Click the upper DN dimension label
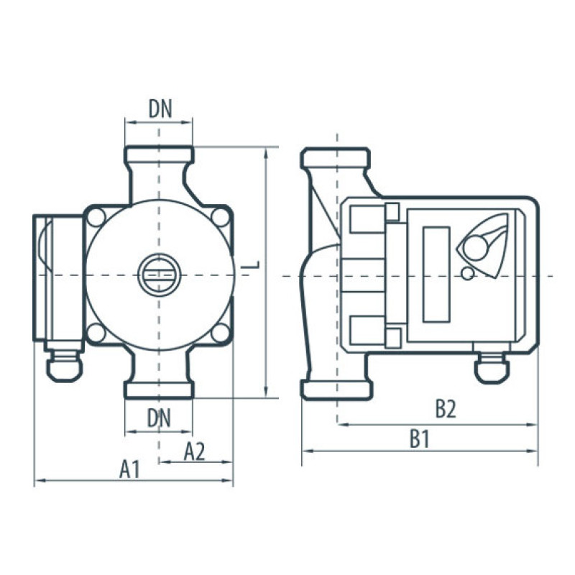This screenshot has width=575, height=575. [160, 109]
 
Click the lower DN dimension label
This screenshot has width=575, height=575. [159, 418]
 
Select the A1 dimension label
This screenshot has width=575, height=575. [129, 469]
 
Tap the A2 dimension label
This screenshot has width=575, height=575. [194, 451]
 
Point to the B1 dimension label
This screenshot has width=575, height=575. [420, 439]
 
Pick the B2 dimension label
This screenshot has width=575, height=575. [446, 409]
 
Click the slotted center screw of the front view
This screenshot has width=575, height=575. [159, 275]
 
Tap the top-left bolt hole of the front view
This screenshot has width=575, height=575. [96, 218]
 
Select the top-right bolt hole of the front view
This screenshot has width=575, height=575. [221, 218]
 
